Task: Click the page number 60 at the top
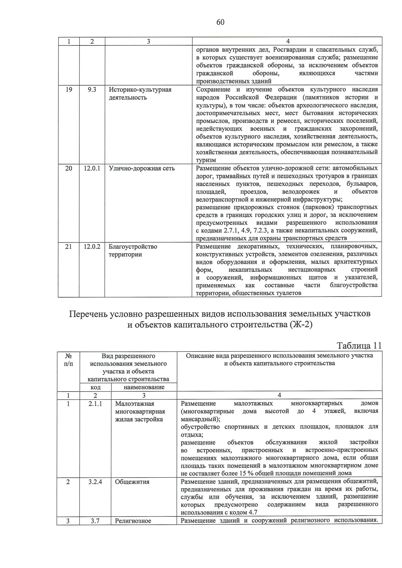tap(220, 22)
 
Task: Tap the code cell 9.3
tap(92, 90)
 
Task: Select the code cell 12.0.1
tap(92, 168)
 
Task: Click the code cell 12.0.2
tap(92, 247)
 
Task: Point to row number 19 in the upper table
tap(69, 90)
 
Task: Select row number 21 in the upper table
tap(69, 247)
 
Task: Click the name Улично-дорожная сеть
tap(142, 168)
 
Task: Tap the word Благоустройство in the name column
tap(133, 247)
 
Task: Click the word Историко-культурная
tap(140, 90)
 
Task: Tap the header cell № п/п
tap(68, 359)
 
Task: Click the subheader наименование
tap(144, 387)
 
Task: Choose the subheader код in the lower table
tap(95, 387)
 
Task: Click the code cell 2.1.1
tap(95, 404)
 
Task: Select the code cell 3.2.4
tap(95, 482)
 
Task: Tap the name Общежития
tap(132, 482)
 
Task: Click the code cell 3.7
tap(95, 521)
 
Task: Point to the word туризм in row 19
tap(206, 160)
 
